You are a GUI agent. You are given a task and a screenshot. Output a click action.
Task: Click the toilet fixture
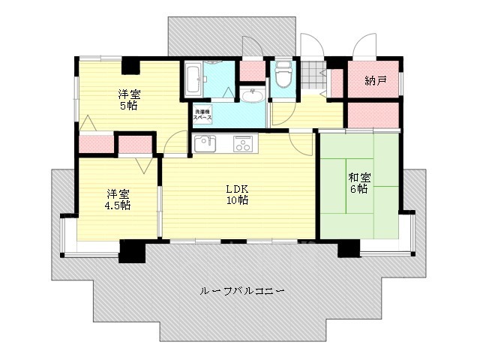[x=283, y=76]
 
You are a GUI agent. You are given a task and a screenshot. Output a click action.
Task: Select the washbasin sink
[x=252, y=96]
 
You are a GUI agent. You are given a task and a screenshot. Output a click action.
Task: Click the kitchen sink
[x=203, y=144]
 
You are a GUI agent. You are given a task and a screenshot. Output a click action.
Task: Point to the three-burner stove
[x=244, y=144]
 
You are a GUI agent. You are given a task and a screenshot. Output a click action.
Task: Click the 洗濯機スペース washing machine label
[x=202, y=114]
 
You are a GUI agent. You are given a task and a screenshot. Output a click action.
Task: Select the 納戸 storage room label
[x=375, y=80]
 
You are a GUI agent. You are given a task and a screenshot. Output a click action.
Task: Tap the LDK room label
[x=238, y=189]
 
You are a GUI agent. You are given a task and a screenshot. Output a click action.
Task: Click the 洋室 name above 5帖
[x=127, y=94]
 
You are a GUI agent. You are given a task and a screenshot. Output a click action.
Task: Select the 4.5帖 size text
[x=117, y=205]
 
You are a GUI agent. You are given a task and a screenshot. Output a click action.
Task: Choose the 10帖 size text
[x=238, y=200]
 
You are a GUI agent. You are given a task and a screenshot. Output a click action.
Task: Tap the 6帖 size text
[x=357, y=189]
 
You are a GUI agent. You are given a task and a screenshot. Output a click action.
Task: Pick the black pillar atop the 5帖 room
[x=130, y=65]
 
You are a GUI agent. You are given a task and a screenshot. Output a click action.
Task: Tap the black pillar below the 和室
[x=349, y=250]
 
